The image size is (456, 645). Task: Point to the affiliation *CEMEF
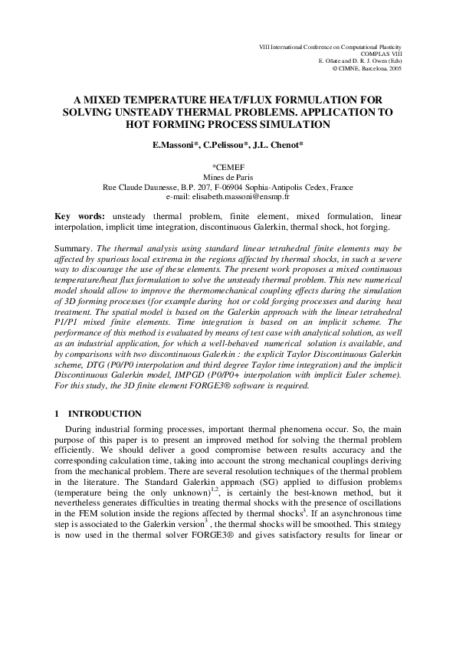tap(228, 166)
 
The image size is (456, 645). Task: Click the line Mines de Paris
tap(228, 176)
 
